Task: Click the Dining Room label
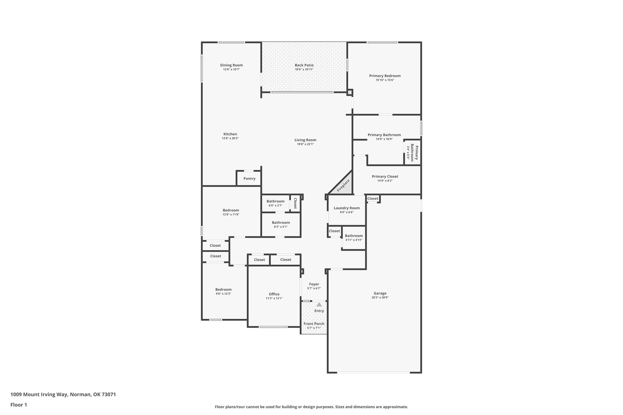coord(231,65)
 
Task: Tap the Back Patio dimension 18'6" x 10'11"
coord(304,70)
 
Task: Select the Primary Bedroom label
coord(385,76)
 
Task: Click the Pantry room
coord(249,178)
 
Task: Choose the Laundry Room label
coord(346,208)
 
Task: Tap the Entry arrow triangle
coord(319,304)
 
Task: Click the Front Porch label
coord(314,324)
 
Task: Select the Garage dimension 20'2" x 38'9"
coord(380,298)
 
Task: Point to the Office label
coord(274,294)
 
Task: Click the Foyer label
coord(314,284)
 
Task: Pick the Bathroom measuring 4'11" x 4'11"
coord(354,237)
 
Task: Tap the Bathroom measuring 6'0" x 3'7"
coord(275,203)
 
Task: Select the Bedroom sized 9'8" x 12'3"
coord(223,291)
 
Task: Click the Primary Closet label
coord(385,177)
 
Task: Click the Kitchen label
coord(230,134)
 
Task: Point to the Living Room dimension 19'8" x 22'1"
coord(305,144)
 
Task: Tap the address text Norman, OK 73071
coord(93,394)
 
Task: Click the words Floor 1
coord(19,405)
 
